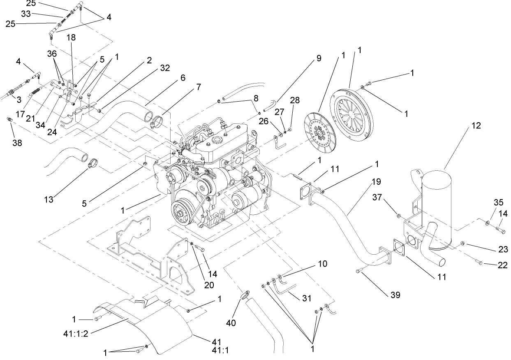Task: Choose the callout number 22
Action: pos(502,265)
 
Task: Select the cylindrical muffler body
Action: pos(437,206)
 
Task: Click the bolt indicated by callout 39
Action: pos(360,271)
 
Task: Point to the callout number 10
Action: pos(322,263)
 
